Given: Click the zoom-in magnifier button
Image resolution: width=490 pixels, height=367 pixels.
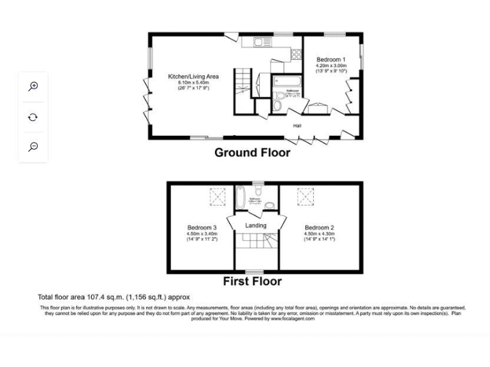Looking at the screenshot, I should point(33,87).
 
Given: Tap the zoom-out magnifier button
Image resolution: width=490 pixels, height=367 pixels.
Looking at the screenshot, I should point(33,147).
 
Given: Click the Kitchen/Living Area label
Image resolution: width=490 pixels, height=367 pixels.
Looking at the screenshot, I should point(193,76).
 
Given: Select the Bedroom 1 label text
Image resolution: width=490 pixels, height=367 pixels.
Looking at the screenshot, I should point(331,59).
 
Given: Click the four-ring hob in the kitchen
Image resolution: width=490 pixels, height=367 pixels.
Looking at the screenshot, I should point(296,55).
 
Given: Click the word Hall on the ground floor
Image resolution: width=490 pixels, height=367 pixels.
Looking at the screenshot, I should point(297,126).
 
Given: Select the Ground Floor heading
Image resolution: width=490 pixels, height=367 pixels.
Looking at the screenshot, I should point(252,152).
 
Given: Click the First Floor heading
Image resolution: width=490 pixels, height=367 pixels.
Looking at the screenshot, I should point(252,281).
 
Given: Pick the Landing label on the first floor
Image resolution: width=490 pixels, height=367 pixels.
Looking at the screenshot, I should point(256,226).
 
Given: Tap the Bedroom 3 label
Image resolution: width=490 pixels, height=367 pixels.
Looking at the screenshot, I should point(202,227).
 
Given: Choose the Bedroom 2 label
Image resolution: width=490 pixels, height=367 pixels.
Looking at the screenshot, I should point(320,227).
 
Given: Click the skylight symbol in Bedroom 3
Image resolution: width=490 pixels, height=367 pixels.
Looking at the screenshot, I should point(218,198).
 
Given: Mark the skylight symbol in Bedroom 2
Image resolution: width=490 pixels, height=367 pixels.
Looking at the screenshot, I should point(305,198).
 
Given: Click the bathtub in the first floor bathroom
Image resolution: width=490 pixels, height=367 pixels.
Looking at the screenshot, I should point(241,198).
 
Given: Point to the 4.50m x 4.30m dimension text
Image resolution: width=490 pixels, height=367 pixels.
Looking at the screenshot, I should point(320,234).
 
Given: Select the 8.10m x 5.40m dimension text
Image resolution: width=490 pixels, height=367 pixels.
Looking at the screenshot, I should point(193,82).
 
